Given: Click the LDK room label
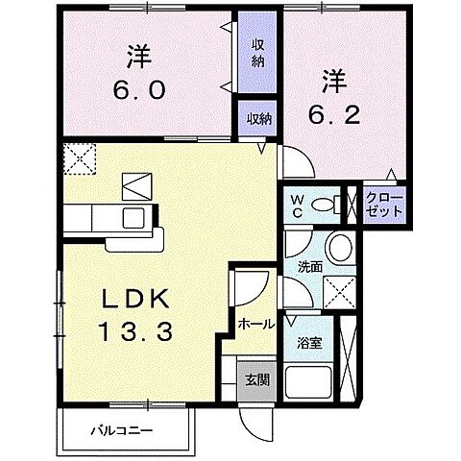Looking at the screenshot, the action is [x=135, y=299].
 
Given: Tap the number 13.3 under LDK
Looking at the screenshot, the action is [x=135, y=331].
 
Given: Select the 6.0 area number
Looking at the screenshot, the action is [x=139, y=89].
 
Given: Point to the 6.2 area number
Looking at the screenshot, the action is [x=334, y=114].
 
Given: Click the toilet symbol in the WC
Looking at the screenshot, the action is [x=327, y=204].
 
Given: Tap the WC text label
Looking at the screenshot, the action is [x=298, y=206].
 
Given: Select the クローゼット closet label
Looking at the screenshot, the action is [x=384, y=205].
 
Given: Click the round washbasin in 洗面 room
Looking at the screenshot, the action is [x=340, y=248].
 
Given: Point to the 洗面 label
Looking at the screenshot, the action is [x=309, y=267].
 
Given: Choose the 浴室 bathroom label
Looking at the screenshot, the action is [x=309, y=343].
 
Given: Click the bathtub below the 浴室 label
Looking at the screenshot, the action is [x=308, y=382].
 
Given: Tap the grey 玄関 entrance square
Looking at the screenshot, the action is [x=257, y=381].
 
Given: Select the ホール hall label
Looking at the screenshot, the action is [x=256, y=325].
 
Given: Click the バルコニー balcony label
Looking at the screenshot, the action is [x=121, y=430].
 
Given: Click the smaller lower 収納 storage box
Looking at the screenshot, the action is [x=257, y=118].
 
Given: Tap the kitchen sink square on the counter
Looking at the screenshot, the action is [x=133, y=218].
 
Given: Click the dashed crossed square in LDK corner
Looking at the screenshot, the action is [x=80, y=159].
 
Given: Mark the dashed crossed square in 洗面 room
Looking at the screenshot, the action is [x=340, y=293].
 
